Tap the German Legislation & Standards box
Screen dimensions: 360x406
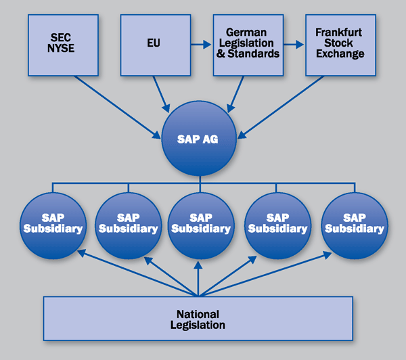click(246, 45)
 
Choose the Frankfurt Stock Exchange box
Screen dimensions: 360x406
click(340, 45)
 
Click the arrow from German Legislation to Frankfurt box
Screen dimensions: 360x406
click(292, 45)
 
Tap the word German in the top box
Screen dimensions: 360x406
click(247, 32)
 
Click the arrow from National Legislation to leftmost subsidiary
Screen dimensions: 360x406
click(135, 272)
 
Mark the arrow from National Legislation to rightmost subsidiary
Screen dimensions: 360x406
click(264, 272)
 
